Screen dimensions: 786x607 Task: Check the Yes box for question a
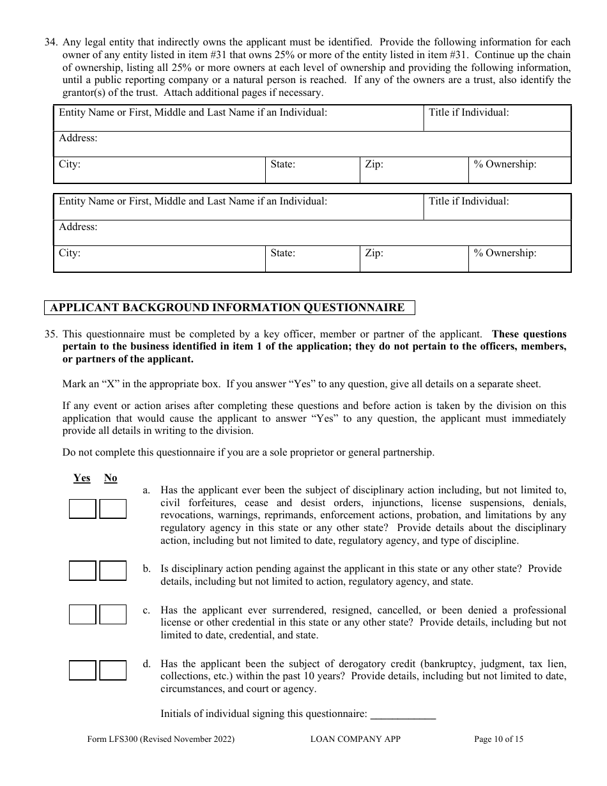(x=82, y=509)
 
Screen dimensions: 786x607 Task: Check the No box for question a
(x=113, y=509)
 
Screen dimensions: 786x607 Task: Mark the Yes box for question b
(x=82, y=571)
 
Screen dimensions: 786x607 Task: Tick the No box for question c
(x=113, y=615)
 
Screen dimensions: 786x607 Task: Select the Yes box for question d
(x=82, y=670)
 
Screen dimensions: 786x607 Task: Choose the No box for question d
(x=113, y=670)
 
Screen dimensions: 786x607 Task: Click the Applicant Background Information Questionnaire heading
(x=229, y=307)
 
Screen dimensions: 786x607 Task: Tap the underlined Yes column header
(x=82, y=478)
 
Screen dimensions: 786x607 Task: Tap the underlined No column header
(x=111, y=478)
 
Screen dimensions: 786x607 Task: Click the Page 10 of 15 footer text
(x=498, y=739)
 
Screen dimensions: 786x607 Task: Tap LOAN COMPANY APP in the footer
(x=355, y=739)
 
